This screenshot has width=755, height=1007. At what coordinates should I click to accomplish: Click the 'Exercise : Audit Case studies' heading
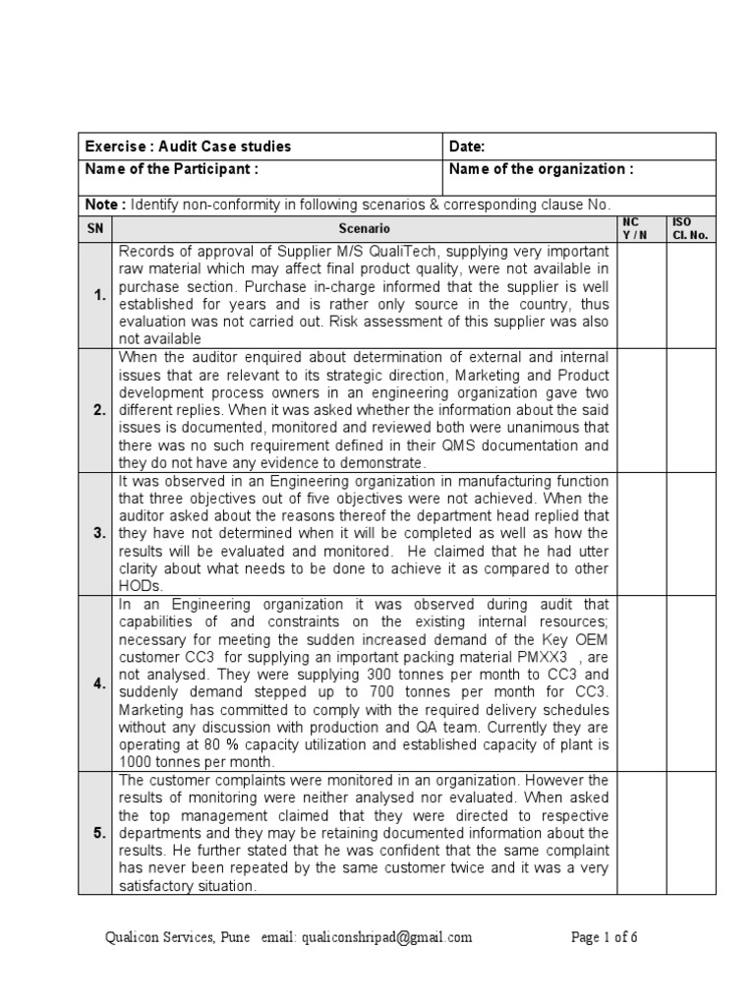pos(189,147)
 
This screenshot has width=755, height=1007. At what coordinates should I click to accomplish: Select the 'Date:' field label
pos(467,147)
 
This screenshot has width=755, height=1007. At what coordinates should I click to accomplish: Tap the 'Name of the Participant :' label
pos(173,169)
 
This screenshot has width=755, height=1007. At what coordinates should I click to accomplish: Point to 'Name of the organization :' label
pos(541,169)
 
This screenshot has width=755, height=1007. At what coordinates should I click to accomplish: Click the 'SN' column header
pos(96,229)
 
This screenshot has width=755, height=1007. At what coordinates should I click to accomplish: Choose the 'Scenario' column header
pos(365,229)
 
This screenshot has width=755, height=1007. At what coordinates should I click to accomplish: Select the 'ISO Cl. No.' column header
pos(691,229)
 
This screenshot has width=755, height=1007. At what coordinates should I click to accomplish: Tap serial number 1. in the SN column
pos(100,294)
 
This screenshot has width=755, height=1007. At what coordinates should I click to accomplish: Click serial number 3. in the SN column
pos(100,533)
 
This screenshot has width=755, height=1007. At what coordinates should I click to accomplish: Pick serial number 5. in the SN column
pos(100,833)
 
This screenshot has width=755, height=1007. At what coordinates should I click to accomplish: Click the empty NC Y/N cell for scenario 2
pos(642,410)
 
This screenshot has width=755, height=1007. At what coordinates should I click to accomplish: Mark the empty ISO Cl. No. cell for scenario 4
pos(691,683)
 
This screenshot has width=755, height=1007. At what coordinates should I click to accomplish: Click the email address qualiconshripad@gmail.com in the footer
pos(386,937)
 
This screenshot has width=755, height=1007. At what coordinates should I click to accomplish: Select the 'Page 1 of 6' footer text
pos(605,937)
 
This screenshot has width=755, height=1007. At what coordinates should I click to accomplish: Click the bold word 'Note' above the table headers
pos(102,205)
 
